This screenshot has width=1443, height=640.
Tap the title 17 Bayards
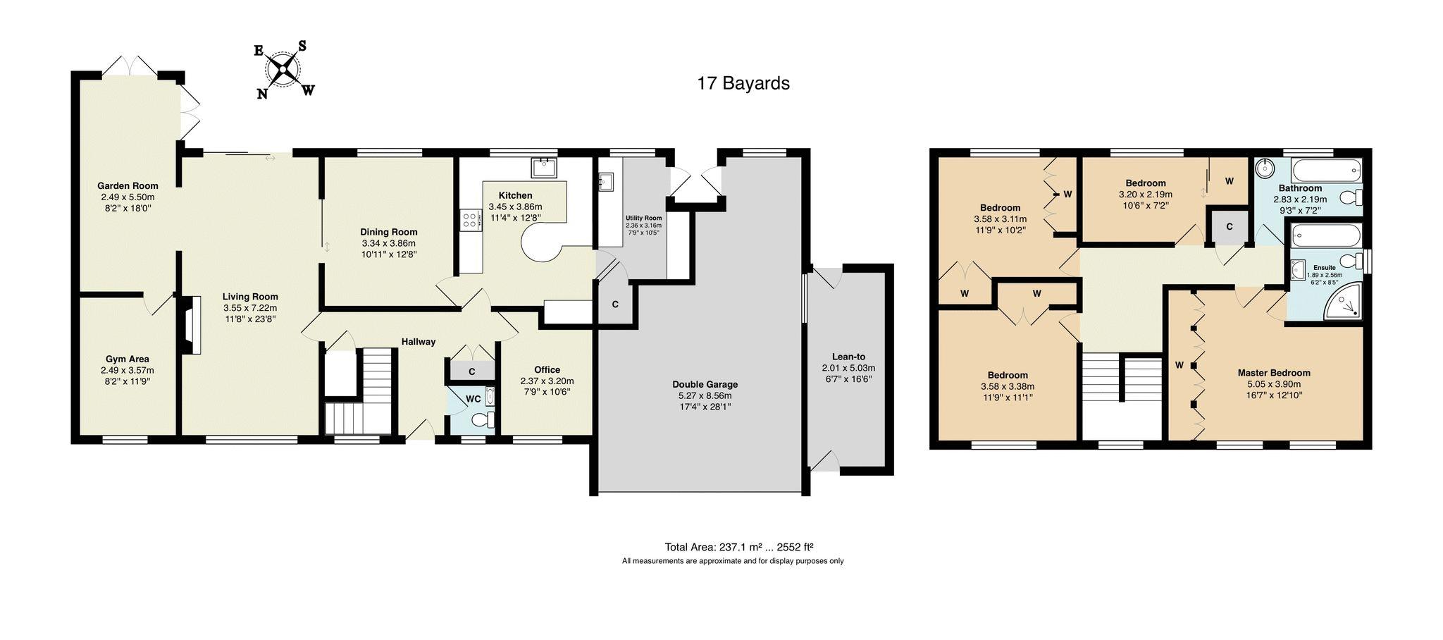tap(743, 83)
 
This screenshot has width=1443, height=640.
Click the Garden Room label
tap(128, 186)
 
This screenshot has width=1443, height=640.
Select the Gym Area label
tap(128, 359)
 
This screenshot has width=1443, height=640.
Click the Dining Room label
tap(389, 232)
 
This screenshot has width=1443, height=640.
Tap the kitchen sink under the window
tap(544, 168)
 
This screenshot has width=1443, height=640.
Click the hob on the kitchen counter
tap(469, 219)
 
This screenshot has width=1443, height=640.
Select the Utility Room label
tap(644, 218)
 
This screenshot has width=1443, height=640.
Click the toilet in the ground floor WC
tap(484, 421)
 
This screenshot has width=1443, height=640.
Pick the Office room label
tap(547, 369)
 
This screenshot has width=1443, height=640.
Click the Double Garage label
tap(705, 384)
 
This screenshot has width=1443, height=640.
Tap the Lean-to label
tap(848, 357)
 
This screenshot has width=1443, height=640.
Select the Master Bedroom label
tap(1274, 373)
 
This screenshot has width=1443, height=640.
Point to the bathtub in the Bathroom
tap(1326, 171)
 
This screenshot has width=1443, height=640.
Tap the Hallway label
tap(419, 342)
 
